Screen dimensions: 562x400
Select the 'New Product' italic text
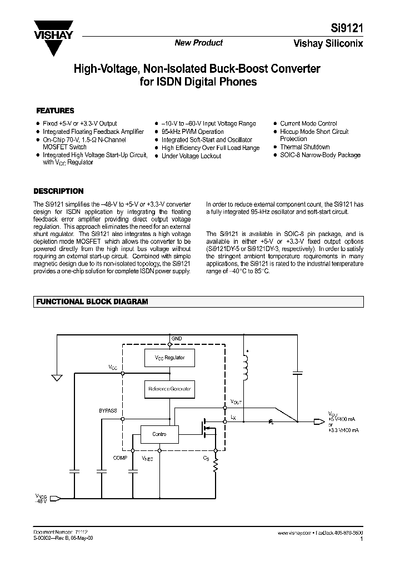pyautogui.click(x=199, y=43)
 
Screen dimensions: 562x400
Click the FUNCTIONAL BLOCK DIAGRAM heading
pyautogui.click(x=92, y=302)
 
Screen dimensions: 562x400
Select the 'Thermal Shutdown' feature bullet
pyautogui.click(x=304, y=147)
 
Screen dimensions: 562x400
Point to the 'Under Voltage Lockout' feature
pyautogui.click(x=191, y=156)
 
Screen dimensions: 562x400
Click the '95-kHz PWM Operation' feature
pyautogui.click(x=192, y=132)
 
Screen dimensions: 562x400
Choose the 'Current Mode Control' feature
pyautogui.click(x=308, y=123)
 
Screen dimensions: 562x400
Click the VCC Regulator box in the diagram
pyautogui.click(x=169, y=357)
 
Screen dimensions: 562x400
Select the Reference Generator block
pyautogui.click(x=169, y=389)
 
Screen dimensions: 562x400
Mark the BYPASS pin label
pyautogui.click(x=108, y=411)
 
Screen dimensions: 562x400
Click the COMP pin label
pyautogui.click(x=120, y=458)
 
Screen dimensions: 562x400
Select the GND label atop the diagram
pyautogui.click(x=176, y=338)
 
